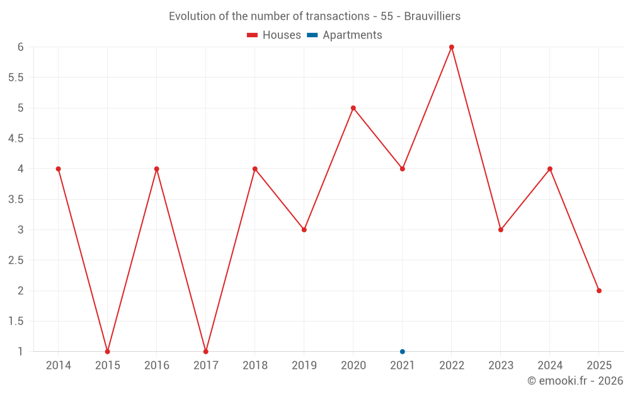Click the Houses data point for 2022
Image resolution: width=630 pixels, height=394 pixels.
click(x=452, y=47)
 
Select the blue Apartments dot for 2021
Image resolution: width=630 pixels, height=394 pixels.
click(x=403, y=352)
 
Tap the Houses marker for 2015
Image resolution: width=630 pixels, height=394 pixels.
click(x=108, y=352)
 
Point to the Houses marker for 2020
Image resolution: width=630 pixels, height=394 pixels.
click(x=353, y=108)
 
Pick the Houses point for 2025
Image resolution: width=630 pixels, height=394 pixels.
click(x=599, y=291)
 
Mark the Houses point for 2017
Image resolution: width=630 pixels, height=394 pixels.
click(x=206, y=352)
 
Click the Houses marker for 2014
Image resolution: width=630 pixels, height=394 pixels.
click(x=59, y=169)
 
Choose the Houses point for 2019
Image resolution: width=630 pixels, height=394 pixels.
click(x=304, y=229)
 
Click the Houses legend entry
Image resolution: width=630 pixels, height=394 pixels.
click(x=274, y=35)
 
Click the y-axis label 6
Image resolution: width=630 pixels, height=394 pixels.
click(x=20, y=47)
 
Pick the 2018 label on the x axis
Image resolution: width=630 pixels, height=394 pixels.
click(x=255, y=366)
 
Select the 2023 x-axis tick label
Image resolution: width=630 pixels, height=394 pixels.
click(x=501, y=366)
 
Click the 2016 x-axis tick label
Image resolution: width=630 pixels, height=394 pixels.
click(x=157, y=366)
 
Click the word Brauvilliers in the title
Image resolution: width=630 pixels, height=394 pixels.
click(x=432, y=16)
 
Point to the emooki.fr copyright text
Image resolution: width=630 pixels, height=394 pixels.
click(x=575, y=381)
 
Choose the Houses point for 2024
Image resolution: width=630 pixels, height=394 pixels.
click(x=550, y=169)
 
